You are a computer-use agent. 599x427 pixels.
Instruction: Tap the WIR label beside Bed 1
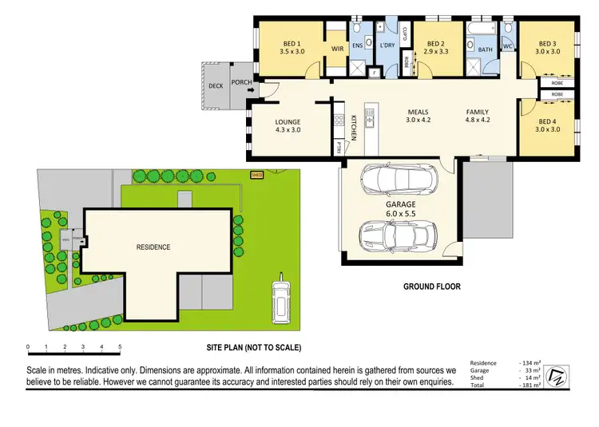pos(337,49)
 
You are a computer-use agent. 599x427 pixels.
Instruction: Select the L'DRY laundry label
pos(387,45)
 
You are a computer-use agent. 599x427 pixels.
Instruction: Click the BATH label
pos(486,49)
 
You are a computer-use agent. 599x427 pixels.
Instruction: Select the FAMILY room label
pos(478,112)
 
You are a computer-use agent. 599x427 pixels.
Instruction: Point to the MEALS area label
pos(419,112)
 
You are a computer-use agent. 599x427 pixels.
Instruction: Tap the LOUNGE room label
pos(288,122)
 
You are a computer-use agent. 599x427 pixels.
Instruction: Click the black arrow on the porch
pos(252,90)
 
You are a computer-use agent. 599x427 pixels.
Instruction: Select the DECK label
pos(215,85)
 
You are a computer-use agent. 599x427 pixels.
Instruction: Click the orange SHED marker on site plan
pos(256,174)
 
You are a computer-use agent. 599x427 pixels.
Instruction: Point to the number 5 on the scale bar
pos(120,347)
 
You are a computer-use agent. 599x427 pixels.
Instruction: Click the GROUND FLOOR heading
pos(431,287)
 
